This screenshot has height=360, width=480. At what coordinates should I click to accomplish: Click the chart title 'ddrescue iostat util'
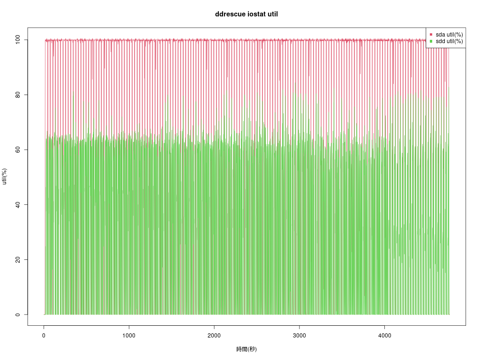246,14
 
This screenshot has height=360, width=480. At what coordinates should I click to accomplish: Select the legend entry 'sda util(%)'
449,34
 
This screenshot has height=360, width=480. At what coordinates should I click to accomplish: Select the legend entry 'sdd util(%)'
449,41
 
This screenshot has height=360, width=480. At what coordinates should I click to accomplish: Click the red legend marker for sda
431,34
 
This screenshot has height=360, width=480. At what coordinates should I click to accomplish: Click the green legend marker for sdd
431,41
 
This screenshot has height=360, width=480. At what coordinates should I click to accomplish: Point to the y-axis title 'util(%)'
5,177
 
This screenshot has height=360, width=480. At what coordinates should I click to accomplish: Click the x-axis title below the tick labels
246,349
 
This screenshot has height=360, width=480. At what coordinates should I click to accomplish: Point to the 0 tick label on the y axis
18,315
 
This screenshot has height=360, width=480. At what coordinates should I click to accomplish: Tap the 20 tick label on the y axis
18,260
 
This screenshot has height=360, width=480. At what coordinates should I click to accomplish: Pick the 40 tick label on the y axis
18,205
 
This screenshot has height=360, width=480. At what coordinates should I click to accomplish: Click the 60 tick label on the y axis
18,150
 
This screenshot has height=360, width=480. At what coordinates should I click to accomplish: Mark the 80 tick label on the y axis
18,95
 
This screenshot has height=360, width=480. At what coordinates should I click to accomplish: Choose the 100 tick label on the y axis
18,40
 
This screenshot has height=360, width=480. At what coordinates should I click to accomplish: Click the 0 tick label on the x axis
44,336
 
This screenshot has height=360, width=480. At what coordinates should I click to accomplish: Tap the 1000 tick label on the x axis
129,336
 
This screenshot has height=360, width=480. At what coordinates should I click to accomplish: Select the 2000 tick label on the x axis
214,336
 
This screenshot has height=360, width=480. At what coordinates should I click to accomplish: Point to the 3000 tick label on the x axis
299,336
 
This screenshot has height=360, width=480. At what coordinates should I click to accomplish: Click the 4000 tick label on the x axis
384,336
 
